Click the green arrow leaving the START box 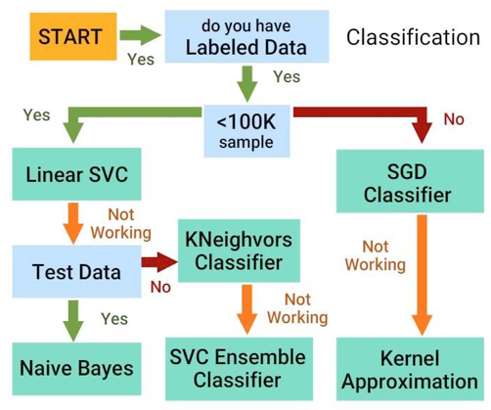point(141,37)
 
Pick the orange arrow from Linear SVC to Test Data point(72,222)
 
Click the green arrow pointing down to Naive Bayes point(72,318)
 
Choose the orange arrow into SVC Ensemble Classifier point(248,307)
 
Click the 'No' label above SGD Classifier point(454,120)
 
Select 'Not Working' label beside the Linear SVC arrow point(120,223)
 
